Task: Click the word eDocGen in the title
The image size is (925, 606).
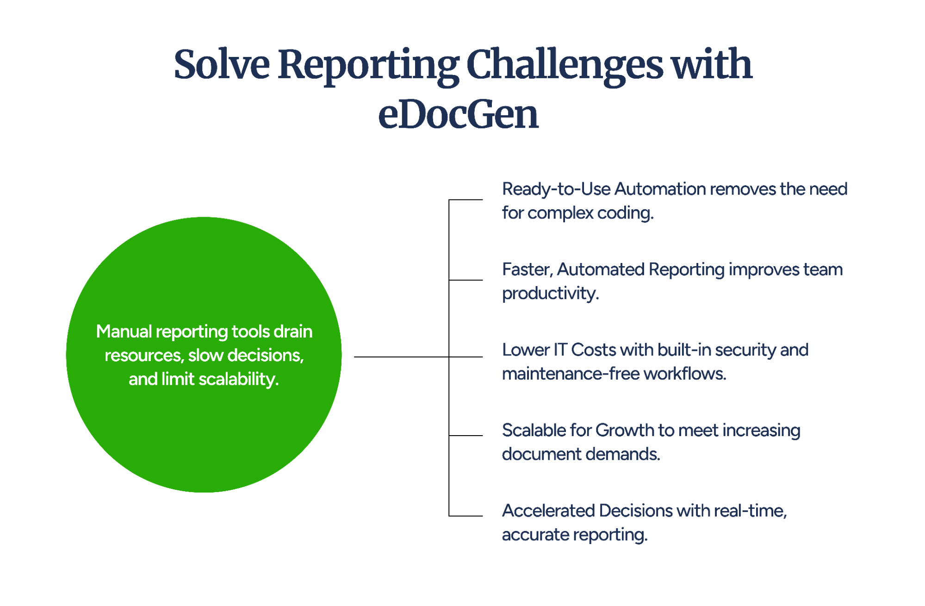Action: pyautogui.click(x=458, y=115)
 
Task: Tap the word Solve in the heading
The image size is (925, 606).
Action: pyautogui.click(x=222, y=65)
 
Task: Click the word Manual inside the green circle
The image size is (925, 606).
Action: pyautogui.click(x=124, y=331)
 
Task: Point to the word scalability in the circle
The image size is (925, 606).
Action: pyautogui.click(x=238, y=379)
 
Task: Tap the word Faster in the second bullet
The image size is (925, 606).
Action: pyautogui.click(x=527, y=269)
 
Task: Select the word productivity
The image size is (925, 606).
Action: pyautogui.click(x=550, y=294)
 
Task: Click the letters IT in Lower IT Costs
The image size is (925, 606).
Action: pyautogui.click(x=560, y=350)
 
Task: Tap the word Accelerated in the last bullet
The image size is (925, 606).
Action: pyautogui.click(x=548, y=511)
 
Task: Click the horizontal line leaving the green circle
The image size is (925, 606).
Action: pyautogui.click(x=401, y=357)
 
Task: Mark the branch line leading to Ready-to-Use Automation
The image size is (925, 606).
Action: pyautogui.click(x=466, y=200)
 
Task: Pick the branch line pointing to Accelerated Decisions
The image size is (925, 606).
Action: pyautogui.click(x=466, y=516)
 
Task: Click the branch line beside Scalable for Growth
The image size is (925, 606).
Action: pyautogui.click(x=466, y=436)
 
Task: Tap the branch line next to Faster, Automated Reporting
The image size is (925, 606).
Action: pyautogui.click(x=466, y=280)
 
